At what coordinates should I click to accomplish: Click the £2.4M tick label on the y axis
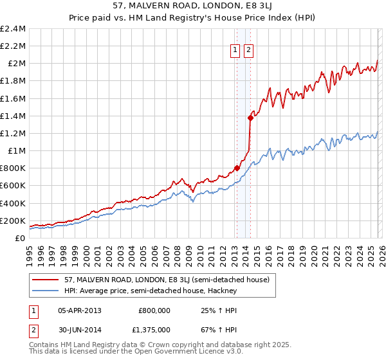pos(14,29)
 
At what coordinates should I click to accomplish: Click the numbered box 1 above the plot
pos(235,51)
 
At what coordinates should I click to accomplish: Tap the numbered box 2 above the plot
pos(249,51)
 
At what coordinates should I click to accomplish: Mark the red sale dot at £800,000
pos(237,168)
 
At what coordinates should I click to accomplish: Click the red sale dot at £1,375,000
pos(250,118)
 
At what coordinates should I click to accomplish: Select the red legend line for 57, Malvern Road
pos(46,280)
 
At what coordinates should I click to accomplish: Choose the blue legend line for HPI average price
pos(46,291)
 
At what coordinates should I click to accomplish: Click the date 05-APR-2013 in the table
pos(80,310)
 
